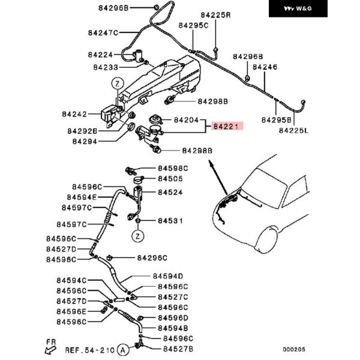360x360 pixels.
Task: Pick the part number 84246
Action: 265,67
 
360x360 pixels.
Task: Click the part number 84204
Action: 186,120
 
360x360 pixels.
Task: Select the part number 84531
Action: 170,221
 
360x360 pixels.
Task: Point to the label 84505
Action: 170,178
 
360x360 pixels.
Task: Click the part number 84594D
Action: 167,276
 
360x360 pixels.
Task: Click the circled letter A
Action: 122,349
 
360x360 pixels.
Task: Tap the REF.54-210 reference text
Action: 89,349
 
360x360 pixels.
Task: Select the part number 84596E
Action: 71,310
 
